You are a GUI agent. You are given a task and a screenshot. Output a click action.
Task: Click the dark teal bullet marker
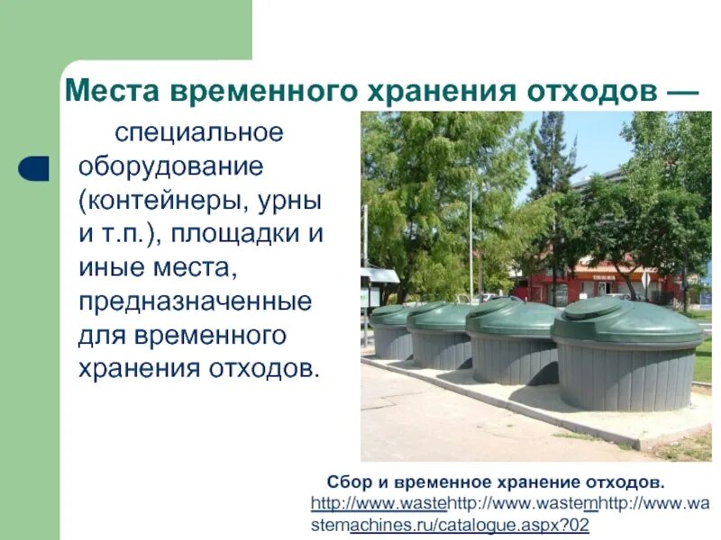[x=33, y=167]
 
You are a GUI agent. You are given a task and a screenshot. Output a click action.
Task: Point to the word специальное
[x=198, y=133]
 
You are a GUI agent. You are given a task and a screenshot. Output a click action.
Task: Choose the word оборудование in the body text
[x=171, y=167]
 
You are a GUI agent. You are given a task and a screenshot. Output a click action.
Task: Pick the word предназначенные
[x=196, y=301]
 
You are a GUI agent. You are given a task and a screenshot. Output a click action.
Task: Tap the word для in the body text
[x=101, y=335]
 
